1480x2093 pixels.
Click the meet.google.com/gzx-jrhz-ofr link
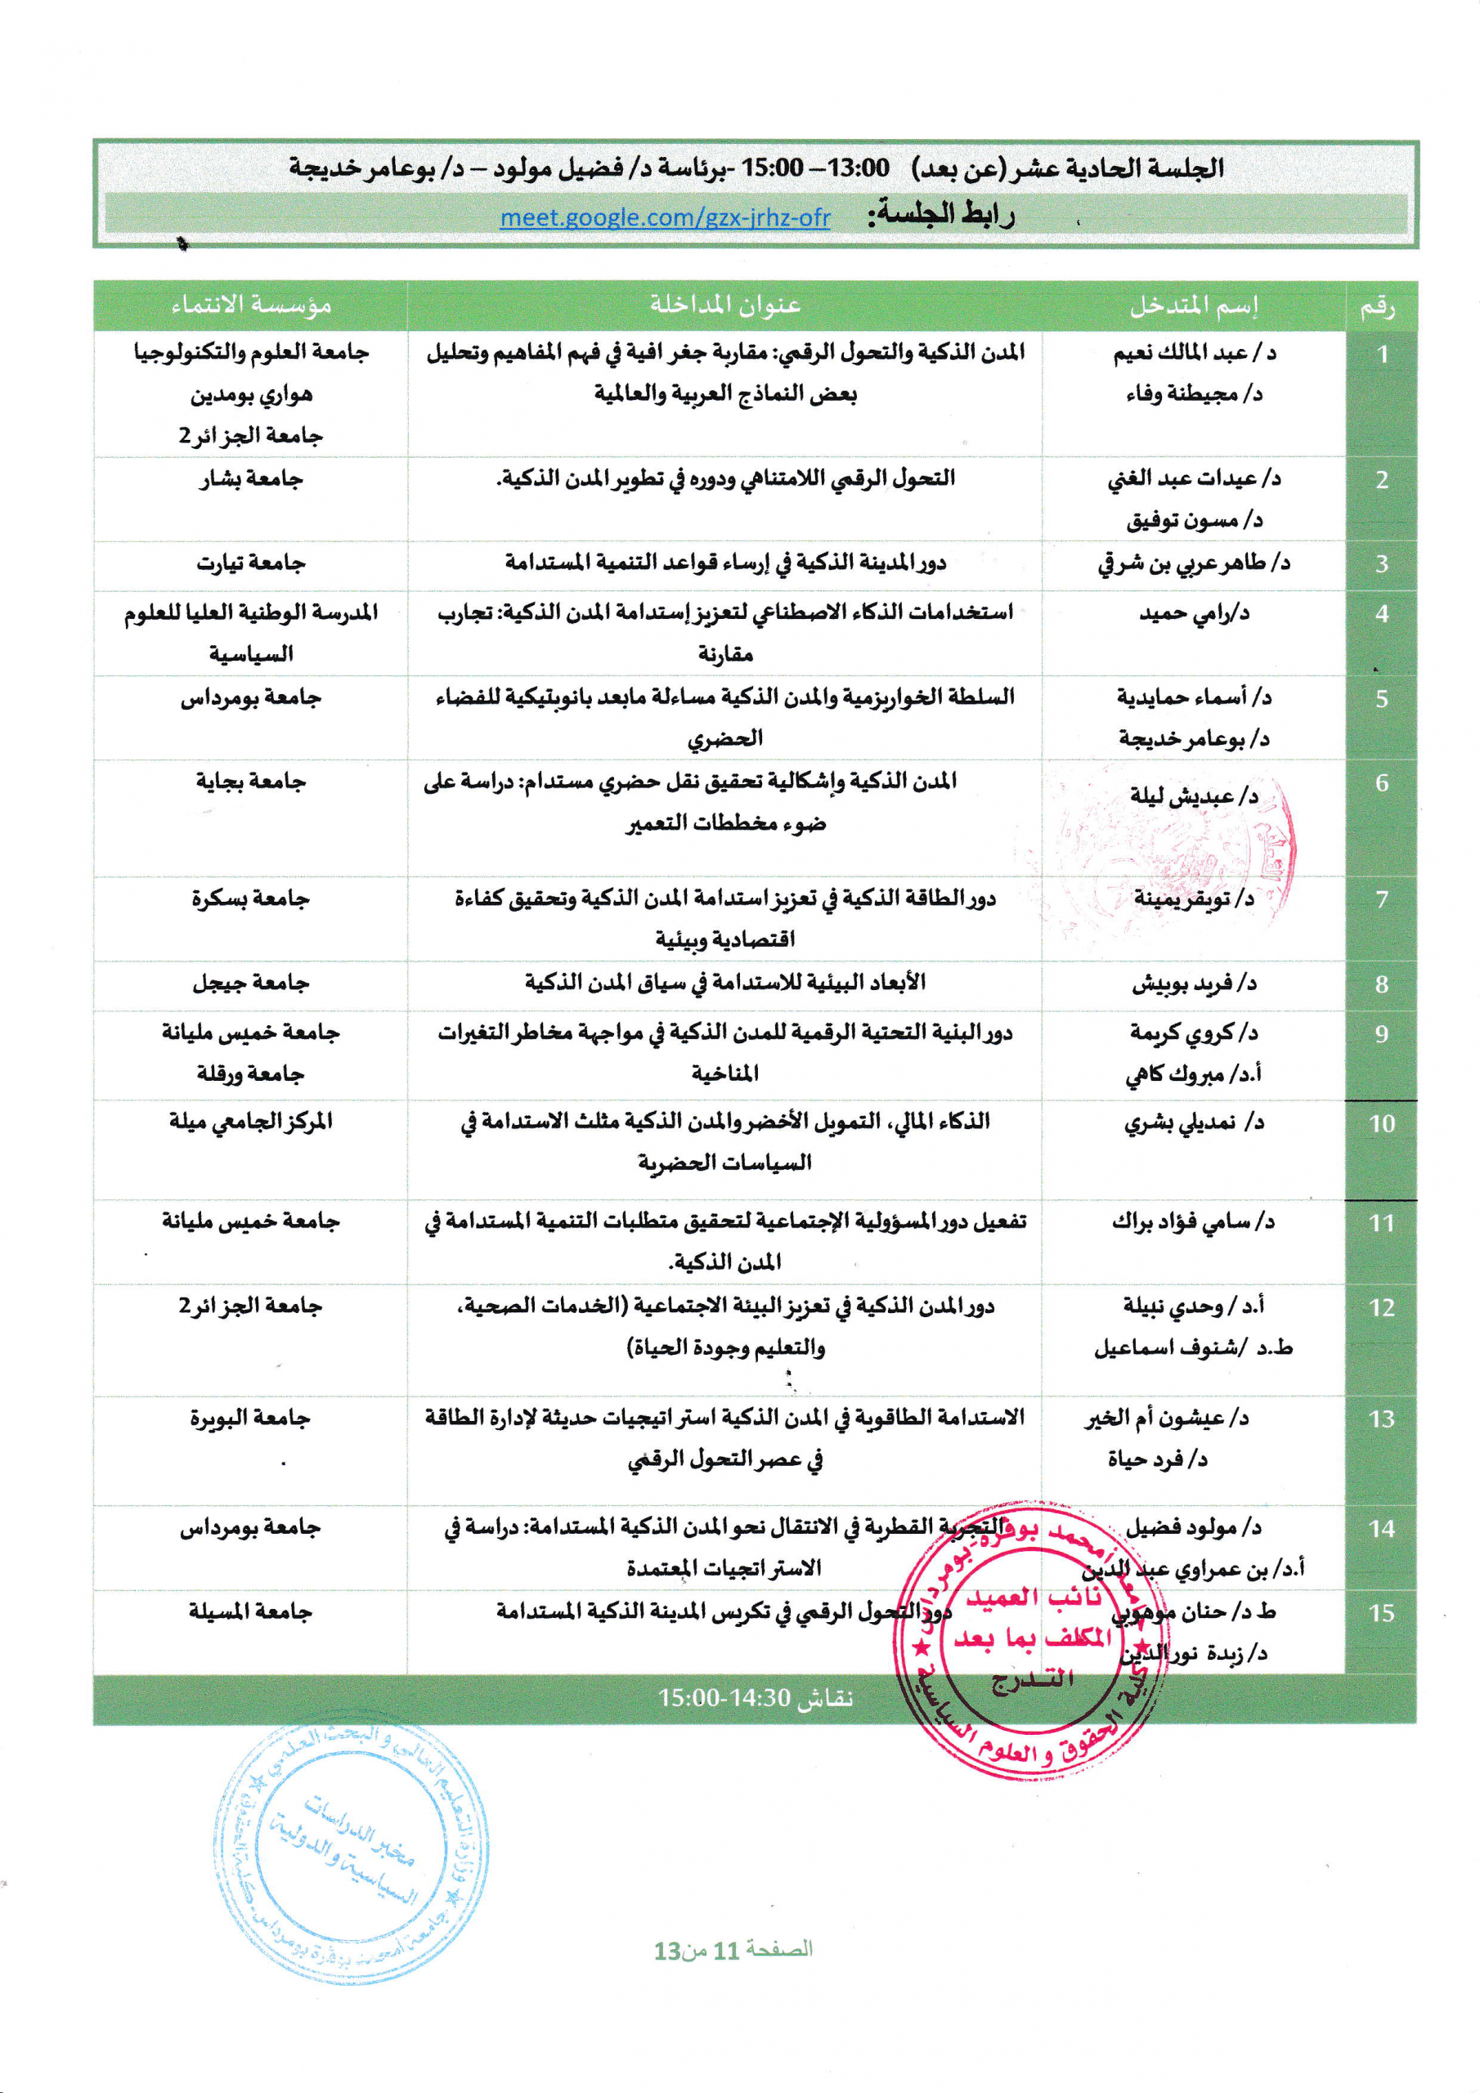coord(665,217)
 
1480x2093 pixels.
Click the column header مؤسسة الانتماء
coord(251,304)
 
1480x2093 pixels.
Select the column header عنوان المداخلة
coord(725,304)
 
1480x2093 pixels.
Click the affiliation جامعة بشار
coord(251,478)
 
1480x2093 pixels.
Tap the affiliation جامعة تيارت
coord(251,563)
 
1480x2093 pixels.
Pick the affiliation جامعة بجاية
coord(251,782)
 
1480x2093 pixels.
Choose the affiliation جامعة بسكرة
coord(251,899)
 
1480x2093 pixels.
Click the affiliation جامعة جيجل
coord(251,983)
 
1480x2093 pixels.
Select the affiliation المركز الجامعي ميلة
coord(251,1121)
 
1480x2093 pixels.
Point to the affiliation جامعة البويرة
coord(251,1418)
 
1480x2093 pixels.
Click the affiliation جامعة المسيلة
coord(251,1611)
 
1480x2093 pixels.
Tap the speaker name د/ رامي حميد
coord(1194,612)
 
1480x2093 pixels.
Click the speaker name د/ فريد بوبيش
coord(1194,984)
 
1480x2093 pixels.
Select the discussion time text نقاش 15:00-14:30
coord(755,1697)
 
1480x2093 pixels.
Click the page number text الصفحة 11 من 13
coord(733,1949)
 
